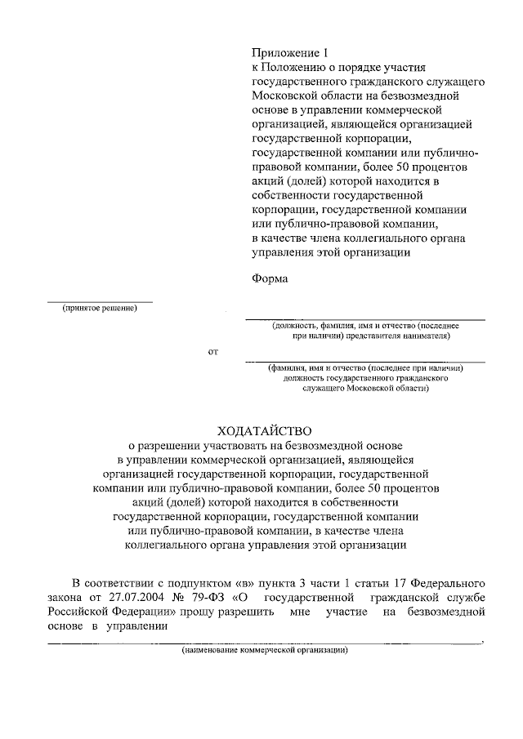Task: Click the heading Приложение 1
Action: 289,53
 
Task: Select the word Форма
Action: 270,278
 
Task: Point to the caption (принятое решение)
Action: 99,308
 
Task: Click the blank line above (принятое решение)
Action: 99,301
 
